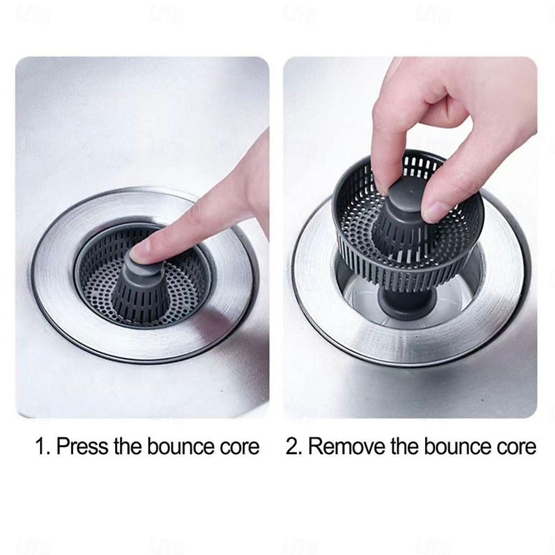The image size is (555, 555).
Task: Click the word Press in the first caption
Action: [x=83, y=446]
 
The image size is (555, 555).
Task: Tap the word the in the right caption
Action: [x=404, y=446]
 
